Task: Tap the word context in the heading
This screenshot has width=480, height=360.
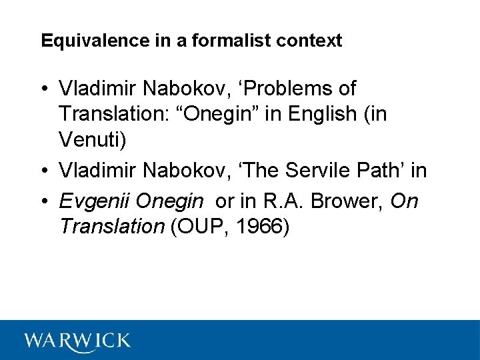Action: pyautogui.click(x=311, y=41)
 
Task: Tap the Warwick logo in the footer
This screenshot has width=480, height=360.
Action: pyautogui.click(x=77, y=340)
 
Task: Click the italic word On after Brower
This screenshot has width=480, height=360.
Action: pyautogui.click(x=404, y=199)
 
